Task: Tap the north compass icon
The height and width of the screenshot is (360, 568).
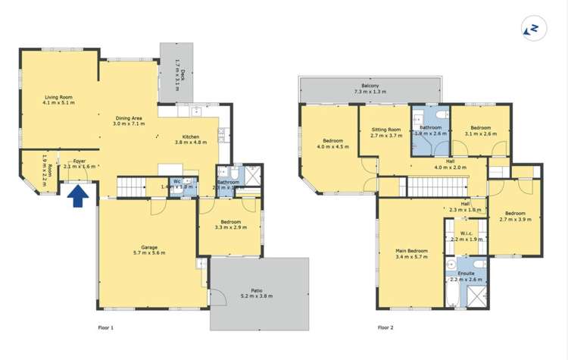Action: (533, 29)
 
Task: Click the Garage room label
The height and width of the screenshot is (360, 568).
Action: (148, 249)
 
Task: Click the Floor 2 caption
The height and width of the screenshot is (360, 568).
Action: (387, 327)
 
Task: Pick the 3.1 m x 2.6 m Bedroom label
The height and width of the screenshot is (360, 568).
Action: (481, 131)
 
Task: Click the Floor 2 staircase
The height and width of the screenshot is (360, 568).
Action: (435, 186)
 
